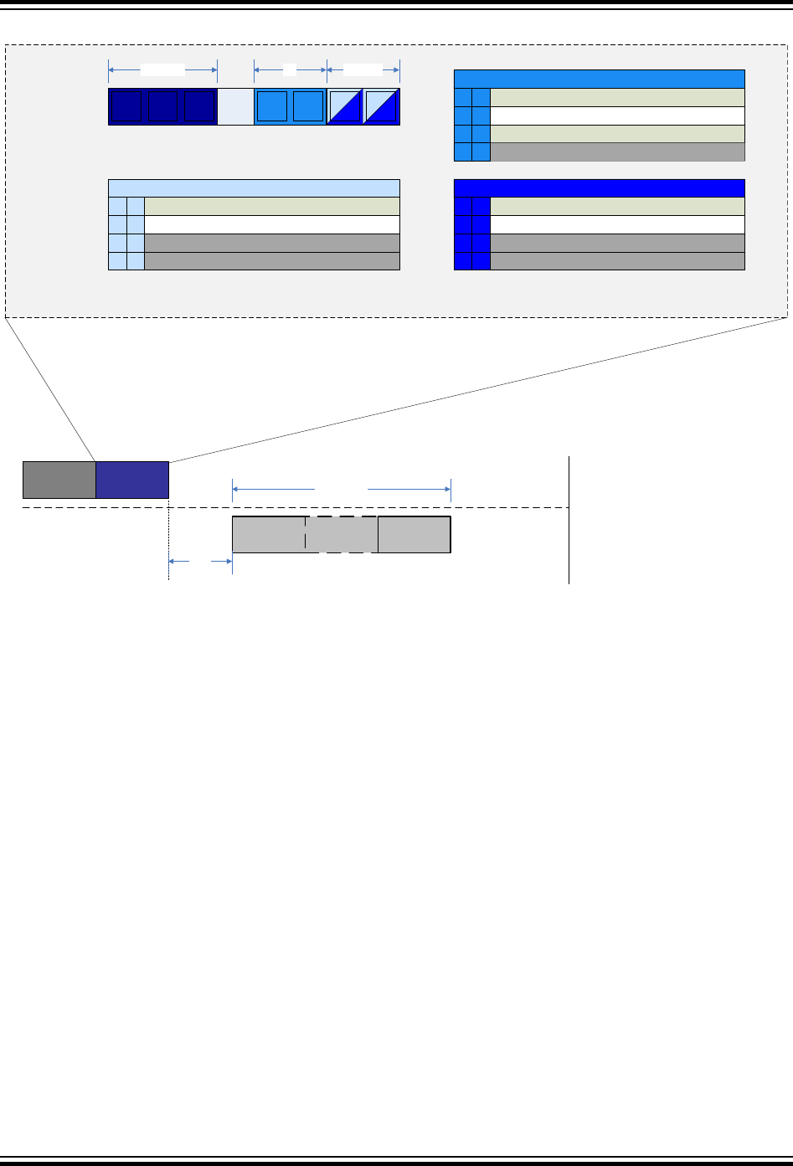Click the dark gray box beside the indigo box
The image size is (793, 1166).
pyautogui.click(x=59, y=480)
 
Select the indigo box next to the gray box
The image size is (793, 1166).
pyautogui.click(x=132, y=480)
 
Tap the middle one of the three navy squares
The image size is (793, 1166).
pyautogui.click(x=162, y=106)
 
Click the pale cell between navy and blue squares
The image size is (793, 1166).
pyautogui.click(x=235, y=106)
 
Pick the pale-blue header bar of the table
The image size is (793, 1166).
pyautogui.click(x=254, y=187)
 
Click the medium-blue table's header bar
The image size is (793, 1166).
pyautogui.click(x=599, y=79)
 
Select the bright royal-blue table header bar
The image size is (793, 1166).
pyautogui.click(x=599, y=187)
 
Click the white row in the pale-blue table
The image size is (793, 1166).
pyautogui.click(x=271, y=224)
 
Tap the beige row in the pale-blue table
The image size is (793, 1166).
pyautogui.click(x=271, y=206)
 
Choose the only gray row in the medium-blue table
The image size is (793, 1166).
pyautogui.click(x=616, y=152)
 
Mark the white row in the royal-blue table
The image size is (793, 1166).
pyautogui.click(x=616, y=224)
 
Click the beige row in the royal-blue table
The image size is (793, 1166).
pyautogui.click(x=616, y=206)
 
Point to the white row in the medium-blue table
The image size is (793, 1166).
pyautogui.click(x=616, y=116)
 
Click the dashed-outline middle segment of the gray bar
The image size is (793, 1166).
pyautogui.click(x=342, y=535)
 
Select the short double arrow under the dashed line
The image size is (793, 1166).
pyautogui.click(x=200, y=562)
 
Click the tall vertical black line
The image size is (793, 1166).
pyautogui.click(x=569, y=519)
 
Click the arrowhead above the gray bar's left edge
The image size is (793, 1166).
pyautogui.click(x=236, y=488)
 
